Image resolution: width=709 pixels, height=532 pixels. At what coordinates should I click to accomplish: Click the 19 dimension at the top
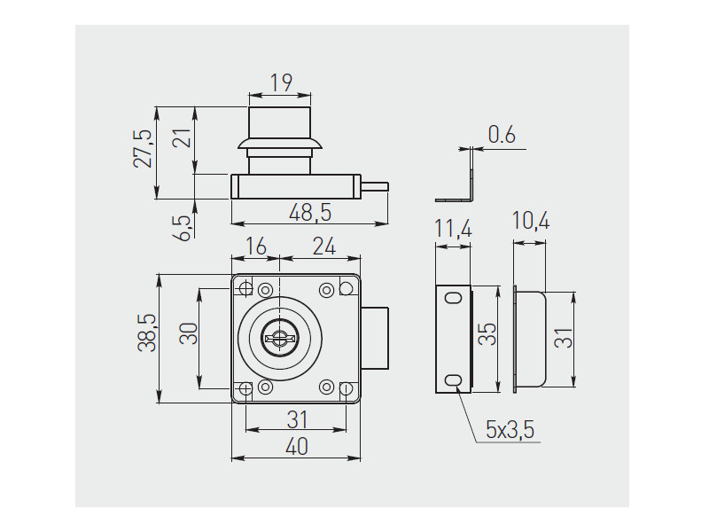pyautogui.click(x=281, y=83)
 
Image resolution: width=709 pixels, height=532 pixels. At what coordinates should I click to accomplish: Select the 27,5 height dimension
pyautogui.click(x=144, y=148)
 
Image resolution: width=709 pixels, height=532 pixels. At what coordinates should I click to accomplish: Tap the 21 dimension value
pyautogui.click(x=182, y=139)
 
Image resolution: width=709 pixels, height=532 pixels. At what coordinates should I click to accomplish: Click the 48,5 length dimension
pyautogui.click(x=310, y=213)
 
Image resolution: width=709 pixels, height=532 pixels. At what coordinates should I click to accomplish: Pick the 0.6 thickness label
pyautogui.click(x=502, y=136)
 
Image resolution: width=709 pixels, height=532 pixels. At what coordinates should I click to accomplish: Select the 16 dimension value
pyautogui.click(x=255, y=247)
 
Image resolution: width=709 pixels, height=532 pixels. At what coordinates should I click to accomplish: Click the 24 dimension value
pyautogui.click(x=323, y=247)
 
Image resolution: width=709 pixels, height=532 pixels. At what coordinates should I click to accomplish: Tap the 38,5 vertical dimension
pyautogui.click(x=147, y=333)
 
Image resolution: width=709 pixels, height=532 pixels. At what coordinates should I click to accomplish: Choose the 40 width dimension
pyautogui.click(x=296, y=448)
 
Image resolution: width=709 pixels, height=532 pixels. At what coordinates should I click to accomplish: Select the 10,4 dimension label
pyautogui.click(x=531, y=222)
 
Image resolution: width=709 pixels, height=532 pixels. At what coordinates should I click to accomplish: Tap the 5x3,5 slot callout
pyautogui.click(x=510, y=431)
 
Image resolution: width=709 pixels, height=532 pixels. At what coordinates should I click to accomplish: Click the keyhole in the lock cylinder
pyautogui.click(x=279, y=338)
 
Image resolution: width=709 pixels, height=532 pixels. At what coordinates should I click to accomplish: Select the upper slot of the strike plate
pyautogui.click(x=454, y=298)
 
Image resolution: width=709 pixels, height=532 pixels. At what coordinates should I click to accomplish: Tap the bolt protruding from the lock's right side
pyautogui.click(x=376, y=338)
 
